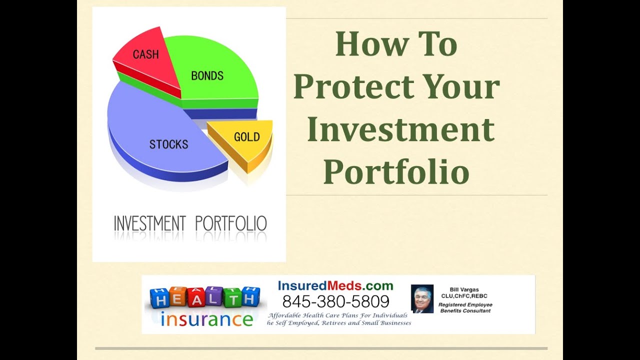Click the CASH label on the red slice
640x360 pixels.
(145, 54)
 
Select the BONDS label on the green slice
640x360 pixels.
(207, 76)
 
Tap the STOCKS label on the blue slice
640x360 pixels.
(168, 144)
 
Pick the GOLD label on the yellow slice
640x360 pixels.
(247, 136)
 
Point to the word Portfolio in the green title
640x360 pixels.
(396, 172)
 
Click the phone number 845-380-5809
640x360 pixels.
(335, 301)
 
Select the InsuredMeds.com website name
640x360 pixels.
(335, 286)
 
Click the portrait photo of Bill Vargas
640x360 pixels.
(422, 298)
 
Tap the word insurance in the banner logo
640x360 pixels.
(206, 318)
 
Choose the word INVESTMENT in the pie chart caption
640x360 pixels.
(149, 223)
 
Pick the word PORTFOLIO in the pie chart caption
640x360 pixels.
(230, 223)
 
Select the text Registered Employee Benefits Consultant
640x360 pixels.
(465, 307)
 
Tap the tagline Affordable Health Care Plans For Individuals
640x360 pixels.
(338, 315)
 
